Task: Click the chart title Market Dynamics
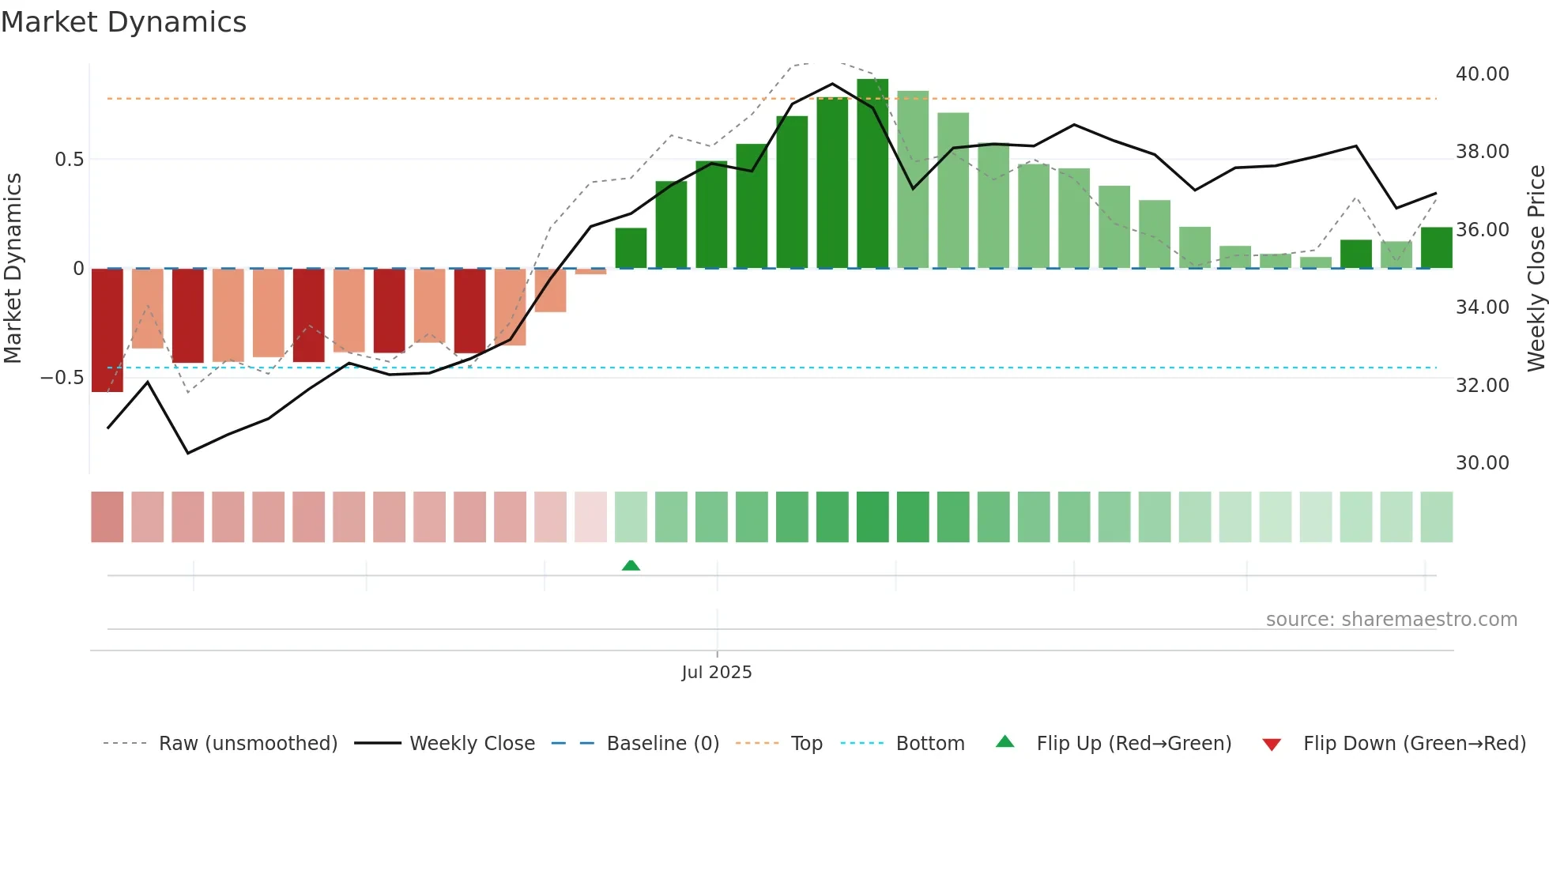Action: click(x=123, y=22)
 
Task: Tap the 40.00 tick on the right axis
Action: click(x=1482, y=74)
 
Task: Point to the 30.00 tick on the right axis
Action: click(x=1482, y=463)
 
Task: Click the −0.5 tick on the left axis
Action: click(x=62, y=378)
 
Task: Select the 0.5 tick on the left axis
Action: click(x=69, y=160)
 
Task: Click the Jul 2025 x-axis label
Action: click(x=716, y=673)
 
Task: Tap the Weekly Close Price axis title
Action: click(x=1536, y=268)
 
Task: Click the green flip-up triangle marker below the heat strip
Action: click(x=631, y=565)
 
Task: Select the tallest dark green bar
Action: click(x=872, y=174)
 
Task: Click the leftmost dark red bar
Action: click(x=107, y=330)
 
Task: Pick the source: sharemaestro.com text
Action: click(x=1391, y=620)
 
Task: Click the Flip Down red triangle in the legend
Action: click(x=1272, y=745)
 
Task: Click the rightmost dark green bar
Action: click(x=1436, y=248)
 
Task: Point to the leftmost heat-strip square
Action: click(x=107, y=517)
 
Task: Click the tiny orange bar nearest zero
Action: click(x=590, y=271)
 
